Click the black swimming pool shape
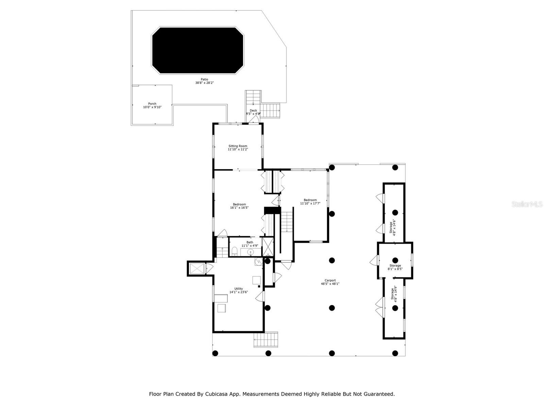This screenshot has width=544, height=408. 198,50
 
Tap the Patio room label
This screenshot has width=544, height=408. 204,81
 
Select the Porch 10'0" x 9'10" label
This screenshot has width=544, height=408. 152,105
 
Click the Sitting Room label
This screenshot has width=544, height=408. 238,148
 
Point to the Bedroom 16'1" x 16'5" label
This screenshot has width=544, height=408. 239,206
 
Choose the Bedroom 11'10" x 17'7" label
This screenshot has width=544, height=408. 310,202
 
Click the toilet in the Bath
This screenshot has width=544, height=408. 234,252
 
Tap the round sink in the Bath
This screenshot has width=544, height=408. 250,252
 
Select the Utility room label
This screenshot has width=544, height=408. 238,290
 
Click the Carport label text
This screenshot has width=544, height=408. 330,282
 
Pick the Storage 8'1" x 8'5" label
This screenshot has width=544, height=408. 395,267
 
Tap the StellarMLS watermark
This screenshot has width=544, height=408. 527,204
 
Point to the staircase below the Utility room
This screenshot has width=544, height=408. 266,340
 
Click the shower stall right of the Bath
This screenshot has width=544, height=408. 268,247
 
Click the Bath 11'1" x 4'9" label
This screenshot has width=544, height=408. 250,244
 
